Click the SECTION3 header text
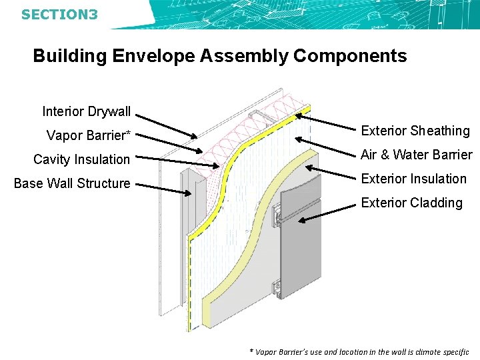(59, 13)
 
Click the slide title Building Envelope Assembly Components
(219, 56)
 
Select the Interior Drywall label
(86, 111)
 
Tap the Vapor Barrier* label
(88, 135)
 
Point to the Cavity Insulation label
(81, 159)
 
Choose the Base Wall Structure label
(72, 183)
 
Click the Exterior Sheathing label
(415, 131)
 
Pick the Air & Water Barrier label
(416, 155)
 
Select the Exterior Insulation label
(413, 179)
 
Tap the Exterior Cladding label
(411, 203)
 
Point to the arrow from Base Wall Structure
(167, 189)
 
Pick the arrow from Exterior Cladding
(327, 213)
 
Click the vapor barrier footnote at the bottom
(359, 351)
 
